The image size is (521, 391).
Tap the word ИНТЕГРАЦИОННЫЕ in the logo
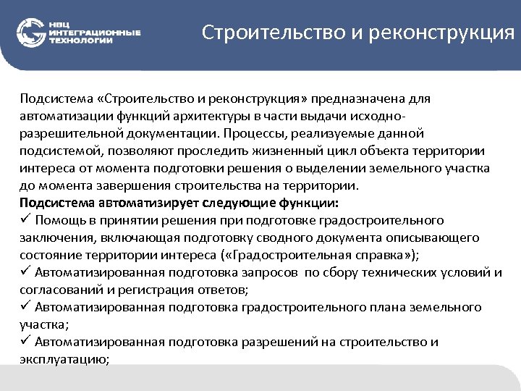click(x=94, y=32)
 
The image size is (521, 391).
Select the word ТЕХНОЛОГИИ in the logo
click(x=80, y=41)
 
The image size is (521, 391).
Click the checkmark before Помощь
click(x=25, y=220)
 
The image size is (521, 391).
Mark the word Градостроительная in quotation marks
click(x=296, y=255)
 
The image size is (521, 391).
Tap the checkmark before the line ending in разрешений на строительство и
click(x=25, y=342)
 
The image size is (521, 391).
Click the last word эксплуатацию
click(x=64, y=359)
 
